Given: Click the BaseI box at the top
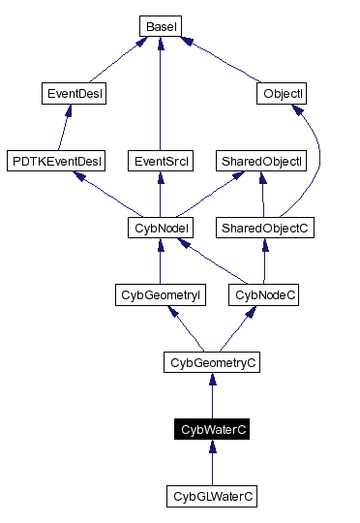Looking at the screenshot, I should (x=159, y=26).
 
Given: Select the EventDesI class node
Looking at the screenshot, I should (x=75, y=94).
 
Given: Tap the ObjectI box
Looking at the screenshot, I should (x=284, y=94).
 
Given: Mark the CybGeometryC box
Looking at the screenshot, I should (x=212, y=362).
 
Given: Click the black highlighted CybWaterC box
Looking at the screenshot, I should (x=212, y=429).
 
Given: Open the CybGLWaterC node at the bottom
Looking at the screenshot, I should (x=212, y=496).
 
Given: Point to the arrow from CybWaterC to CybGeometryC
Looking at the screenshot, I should (x=212, y=396).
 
